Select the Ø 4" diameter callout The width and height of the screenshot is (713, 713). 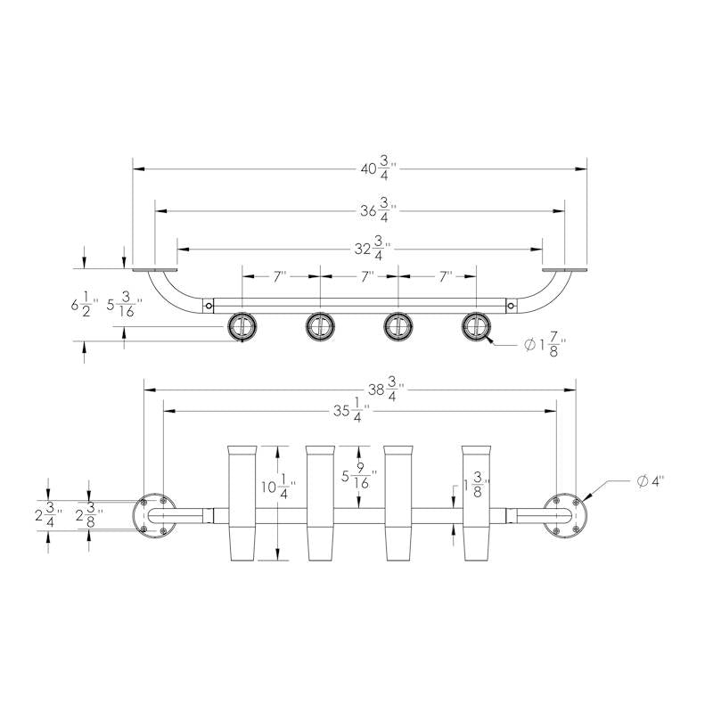[x=652, y=481]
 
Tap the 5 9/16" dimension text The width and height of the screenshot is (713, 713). [x=356, y=477]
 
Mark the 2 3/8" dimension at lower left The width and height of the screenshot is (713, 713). [x=88, y=516]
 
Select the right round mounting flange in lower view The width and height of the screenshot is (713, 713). [x=564, y=515]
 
